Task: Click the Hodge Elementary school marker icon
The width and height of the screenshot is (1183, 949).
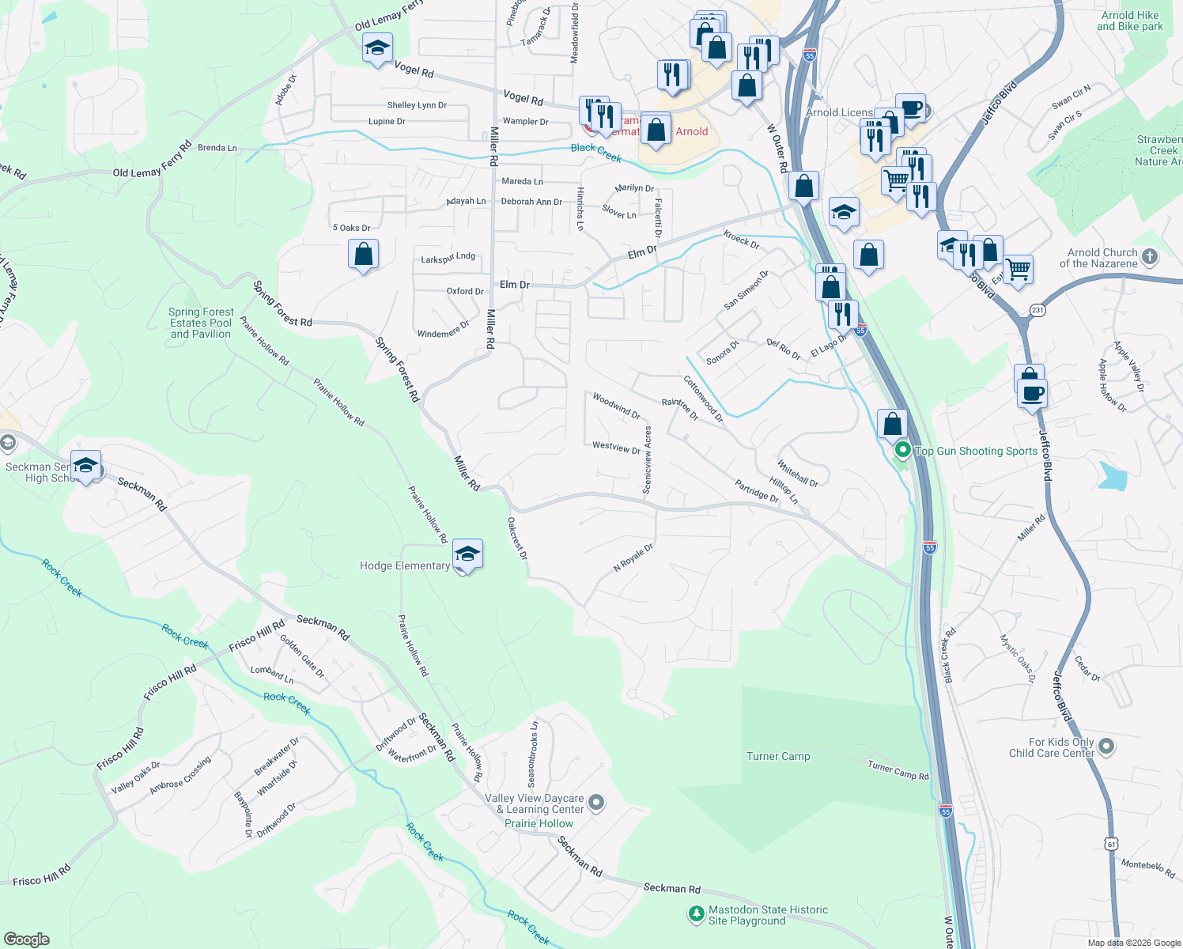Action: point(467,554)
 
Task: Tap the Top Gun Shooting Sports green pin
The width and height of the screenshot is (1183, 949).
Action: point(902,451)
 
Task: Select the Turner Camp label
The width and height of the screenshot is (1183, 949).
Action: point(778,756)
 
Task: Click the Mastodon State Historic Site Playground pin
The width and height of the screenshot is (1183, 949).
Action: point(695,914)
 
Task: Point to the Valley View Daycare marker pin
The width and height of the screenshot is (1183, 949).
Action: point(597,803)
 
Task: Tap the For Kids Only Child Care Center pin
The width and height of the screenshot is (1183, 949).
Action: point(1106,746)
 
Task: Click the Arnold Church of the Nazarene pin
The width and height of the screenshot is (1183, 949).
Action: point(1150,257)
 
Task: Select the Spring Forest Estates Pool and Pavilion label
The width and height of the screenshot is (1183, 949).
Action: point(201,323)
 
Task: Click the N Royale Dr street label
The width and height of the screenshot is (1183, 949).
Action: point(633,558)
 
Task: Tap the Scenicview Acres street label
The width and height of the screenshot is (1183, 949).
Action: point(648,460)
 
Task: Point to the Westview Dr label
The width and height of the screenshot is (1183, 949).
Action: point(616,447)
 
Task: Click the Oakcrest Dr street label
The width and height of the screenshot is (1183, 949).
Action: point(517,539)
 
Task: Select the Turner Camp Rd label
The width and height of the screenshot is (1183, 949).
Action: point(898,770)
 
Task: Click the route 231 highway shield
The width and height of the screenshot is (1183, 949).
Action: point(1037,310)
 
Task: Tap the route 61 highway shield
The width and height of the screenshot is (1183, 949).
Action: point(1112,844)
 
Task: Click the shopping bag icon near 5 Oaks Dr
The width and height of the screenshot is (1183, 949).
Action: point(363,255)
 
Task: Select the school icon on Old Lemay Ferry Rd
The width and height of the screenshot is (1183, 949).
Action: point(377,49)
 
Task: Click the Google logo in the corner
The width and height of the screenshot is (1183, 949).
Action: point(27,939)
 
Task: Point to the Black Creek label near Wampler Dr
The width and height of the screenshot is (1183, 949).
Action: point(596,153)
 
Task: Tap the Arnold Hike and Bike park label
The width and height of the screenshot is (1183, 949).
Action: point(1129,21)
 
